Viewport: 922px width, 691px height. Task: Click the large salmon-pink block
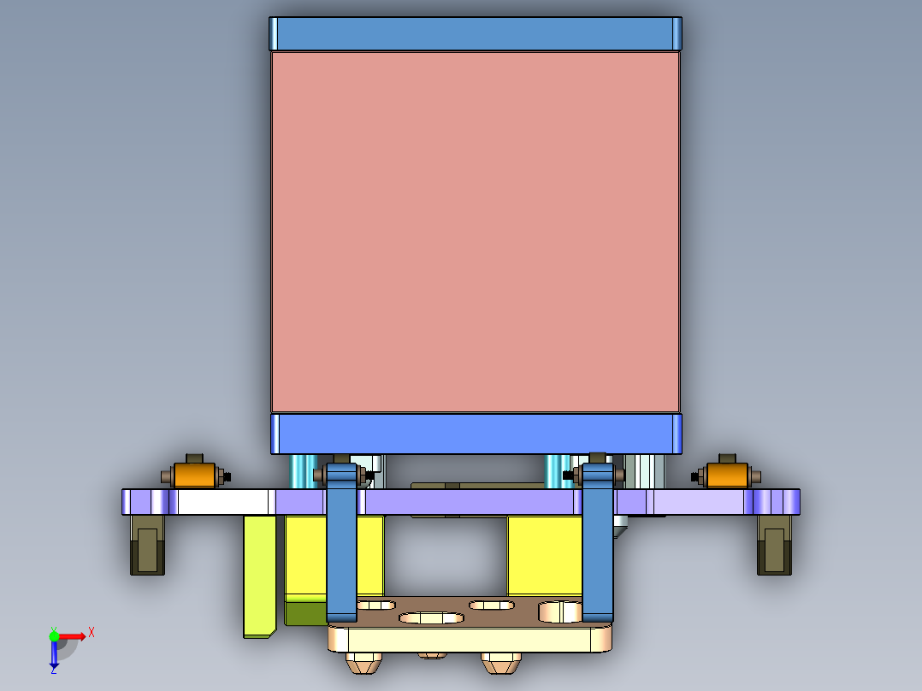point(476,231)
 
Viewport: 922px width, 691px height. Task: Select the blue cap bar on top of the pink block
point(476,33)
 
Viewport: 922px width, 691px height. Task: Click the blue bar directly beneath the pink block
point(476,434)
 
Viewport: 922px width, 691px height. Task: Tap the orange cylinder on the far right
point(725,475)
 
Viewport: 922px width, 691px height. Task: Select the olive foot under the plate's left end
point(147,546)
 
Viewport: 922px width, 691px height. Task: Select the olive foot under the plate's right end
point(774,546)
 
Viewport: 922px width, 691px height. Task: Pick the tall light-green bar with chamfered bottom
point(259,573)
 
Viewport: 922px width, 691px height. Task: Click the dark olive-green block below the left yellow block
point(304,613)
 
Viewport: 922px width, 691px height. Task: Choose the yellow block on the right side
point(544,556)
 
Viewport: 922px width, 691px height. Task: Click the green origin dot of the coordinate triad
point(54,635)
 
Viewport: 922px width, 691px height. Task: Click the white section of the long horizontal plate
point(222,502)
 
